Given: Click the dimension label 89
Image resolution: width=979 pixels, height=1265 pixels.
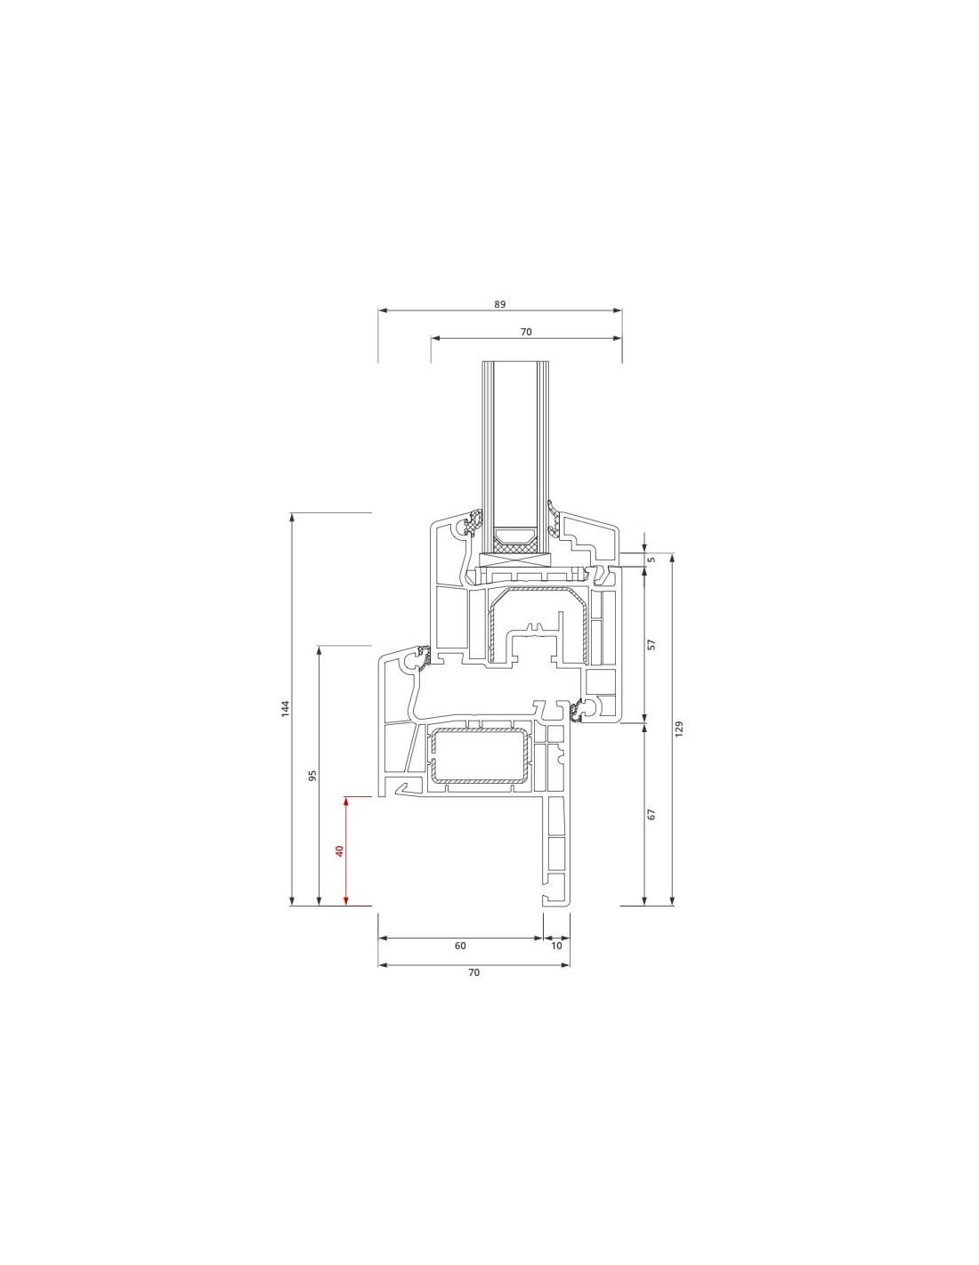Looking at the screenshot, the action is click(x=499, y=304).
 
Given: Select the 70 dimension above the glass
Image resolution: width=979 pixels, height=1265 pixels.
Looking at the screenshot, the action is click(x=525, y=332).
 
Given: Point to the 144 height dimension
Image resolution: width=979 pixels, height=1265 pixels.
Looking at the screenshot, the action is click(x=285, y=708).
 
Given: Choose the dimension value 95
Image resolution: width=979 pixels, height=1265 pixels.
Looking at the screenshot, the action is click(x=312, y=776).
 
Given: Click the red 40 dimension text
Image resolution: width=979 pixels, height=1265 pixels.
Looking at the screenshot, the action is click(x=339, y=850).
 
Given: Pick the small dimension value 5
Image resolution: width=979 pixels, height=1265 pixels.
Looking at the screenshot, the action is click(x=651, y=560).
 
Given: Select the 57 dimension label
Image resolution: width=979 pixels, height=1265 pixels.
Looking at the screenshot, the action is click(x=651, y=644).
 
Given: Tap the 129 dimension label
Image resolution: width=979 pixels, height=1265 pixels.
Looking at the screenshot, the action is click(x=678, y=729).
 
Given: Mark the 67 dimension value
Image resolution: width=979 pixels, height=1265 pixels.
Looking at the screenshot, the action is click(x=651, y=814).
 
